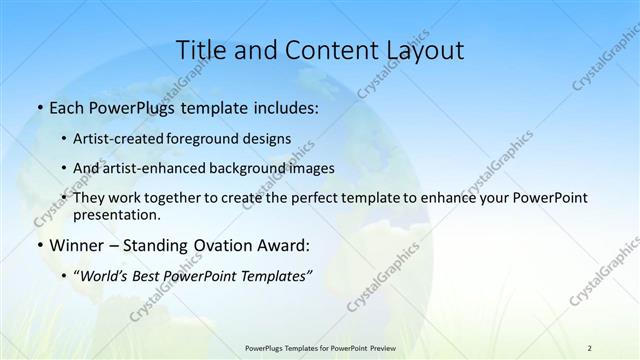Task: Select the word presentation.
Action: click(124, 215)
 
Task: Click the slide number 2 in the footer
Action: click(590, 347)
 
